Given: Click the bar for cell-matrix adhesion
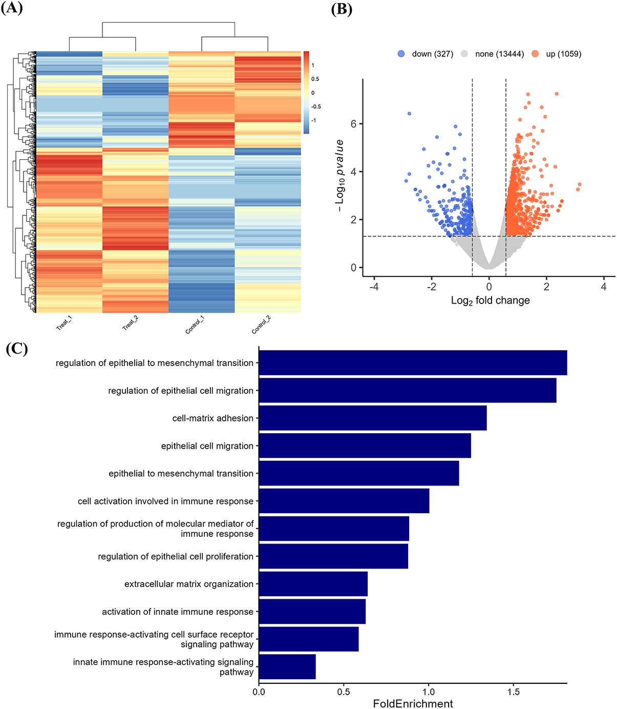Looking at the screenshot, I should click(373, 418).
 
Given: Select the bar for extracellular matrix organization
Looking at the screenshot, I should click(313, 584).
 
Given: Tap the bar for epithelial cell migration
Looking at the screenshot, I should click(365, 445).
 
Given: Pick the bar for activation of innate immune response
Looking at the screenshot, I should click(312, 612).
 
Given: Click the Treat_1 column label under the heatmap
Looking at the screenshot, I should click(64, 323).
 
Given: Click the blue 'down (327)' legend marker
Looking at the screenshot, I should click(401, 54).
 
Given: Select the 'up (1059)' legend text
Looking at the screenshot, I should click(563, 54).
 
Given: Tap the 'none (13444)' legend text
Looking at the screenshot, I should click(499, 54).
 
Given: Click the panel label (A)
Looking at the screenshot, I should click(12, 9).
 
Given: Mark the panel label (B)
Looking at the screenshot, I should click(342, 9).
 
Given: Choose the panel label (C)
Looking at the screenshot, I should click(16, 349).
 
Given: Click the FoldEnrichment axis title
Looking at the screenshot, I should click(413, 703).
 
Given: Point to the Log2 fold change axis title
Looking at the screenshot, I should click(490, 301).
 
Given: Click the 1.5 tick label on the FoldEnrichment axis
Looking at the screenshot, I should click(513, 692).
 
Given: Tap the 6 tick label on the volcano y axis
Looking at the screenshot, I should click(353, 124).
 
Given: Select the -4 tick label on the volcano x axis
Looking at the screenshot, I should click(374, 287).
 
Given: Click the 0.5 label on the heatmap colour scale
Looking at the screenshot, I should click(315, 79).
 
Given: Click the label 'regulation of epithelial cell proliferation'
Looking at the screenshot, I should click(176, 556).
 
